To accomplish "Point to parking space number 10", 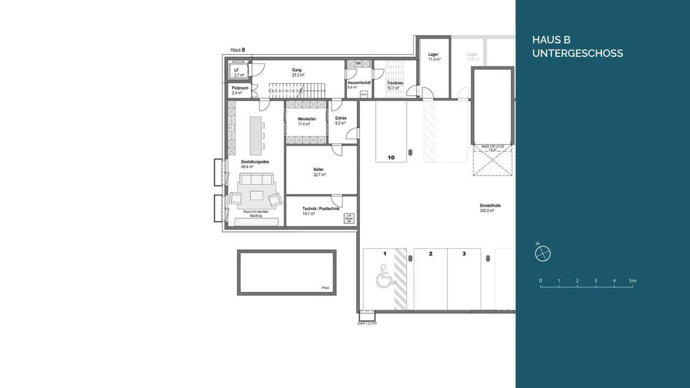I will click(x=391, y=157).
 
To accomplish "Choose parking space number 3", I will click(x=464, y=254).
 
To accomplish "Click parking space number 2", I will click(x=430, y=254).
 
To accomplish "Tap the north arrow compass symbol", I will click(x=542, y=253).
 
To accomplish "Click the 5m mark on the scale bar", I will click(x=632, y=281).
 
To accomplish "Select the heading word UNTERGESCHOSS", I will click(x=577, y=53).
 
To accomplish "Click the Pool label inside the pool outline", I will click(x=325, y=288).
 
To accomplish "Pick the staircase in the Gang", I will click(x=296, y=90).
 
